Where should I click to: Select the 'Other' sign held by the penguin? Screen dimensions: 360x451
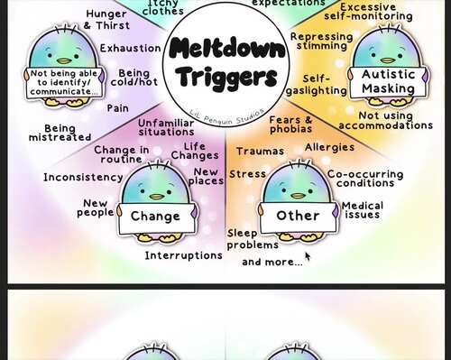tap(298, 216)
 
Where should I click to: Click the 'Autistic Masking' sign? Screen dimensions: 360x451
tap(388, 82)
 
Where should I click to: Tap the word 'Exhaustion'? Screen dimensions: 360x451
tap(131, 48)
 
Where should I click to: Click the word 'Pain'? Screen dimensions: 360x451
tap(117, 107)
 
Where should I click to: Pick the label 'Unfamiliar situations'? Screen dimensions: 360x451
tap(166, 127)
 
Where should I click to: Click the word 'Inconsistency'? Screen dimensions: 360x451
tap(83, 177)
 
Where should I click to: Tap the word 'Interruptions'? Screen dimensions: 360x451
tap(183, 255)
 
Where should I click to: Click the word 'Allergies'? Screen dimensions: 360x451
tap(329, 147)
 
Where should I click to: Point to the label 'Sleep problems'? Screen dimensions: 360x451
tap(253, 238)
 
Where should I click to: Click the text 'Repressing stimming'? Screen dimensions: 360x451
tap(321, 42)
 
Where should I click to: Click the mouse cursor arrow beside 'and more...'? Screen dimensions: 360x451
tap(308, 256)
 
